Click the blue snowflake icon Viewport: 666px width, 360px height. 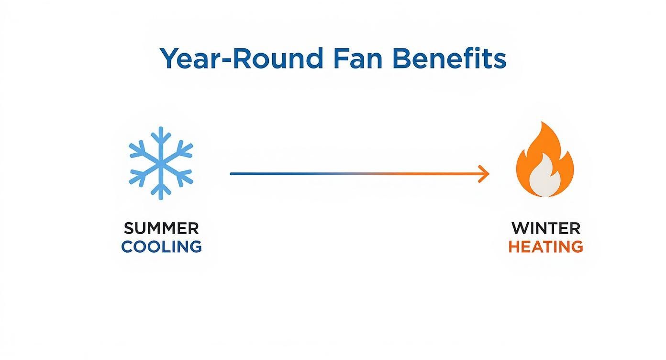161,163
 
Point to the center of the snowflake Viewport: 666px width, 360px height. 161,163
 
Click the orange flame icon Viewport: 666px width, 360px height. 544,160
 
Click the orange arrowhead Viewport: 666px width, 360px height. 485,174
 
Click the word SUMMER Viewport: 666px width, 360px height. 161,228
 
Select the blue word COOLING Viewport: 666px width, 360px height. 161,247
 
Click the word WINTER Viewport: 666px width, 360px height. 546,228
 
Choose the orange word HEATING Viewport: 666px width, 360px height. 545,247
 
